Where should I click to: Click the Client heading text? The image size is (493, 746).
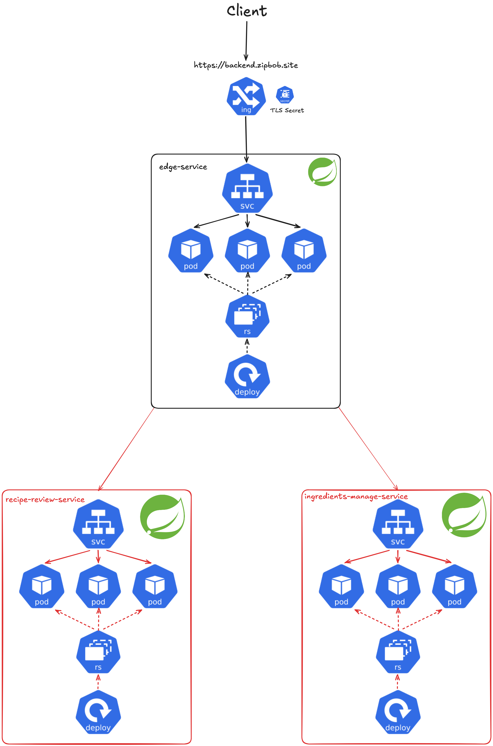coord(247,11)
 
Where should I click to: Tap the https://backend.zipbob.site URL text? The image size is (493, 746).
coord(246,65)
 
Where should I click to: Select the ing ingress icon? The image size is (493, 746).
coord(246,96)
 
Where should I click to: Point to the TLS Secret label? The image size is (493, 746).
coord(287,110)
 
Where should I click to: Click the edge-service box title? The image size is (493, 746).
coord(183,167)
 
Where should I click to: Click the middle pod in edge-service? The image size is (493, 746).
coord(247,251)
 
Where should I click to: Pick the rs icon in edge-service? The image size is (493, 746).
coord(247,316)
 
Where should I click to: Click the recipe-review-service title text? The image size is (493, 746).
coord(45,500)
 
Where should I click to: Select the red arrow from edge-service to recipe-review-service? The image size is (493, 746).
coord(126,449)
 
